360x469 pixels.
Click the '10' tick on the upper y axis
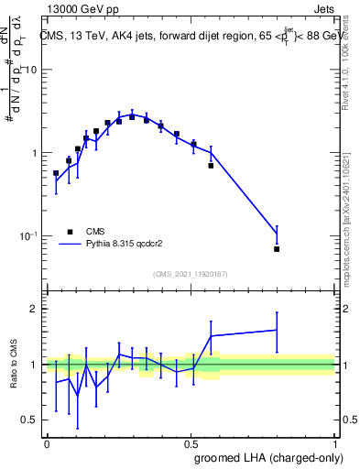click(x=31, y=70)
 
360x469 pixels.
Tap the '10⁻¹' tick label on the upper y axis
click(x=28, y=235)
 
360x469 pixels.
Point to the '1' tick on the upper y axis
click(x=35, y=153)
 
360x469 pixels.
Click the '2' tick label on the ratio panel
click(x=35, y=309)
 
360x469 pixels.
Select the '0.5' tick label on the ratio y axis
click(x=30, y=420)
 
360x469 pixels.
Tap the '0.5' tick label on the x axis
click(x=191, y=443)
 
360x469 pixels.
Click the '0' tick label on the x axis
click(x=47, y=443)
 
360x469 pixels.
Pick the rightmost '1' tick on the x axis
click(x=334, y=443)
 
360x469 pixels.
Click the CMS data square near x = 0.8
click(x=277, y=249)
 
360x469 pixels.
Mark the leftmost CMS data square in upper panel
click(x=56, y=173)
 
